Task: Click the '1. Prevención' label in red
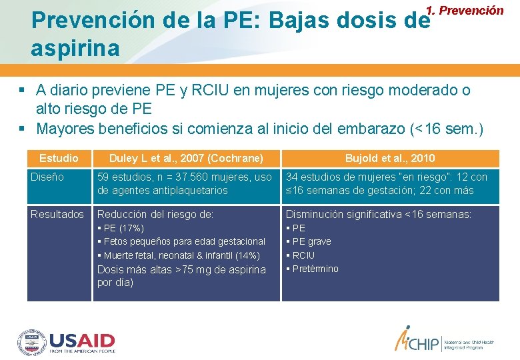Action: click(465, 10)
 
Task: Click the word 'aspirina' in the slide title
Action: click(75, 48)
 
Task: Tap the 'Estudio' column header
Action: click(59, 158)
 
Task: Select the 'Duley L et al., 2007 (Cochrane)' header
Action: click(186, 158)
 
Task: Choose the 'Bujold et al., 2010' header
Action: click(389, 158)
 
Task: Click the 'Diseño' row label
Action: click(47, 177)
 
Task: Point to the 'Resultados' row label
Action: click(57, 214)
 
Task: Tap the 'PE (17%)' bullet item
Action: click(123, 228)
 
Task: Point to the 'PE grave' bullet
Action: click(311, 241)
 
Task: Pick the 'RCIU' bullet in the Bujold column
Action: click(303, 255)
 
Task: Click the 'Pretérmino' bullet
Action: click(315, 269)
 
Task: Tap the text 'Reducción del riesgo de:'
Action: click(155, 214)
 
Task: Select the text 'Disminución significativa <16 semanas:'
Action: click(379, 214)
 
